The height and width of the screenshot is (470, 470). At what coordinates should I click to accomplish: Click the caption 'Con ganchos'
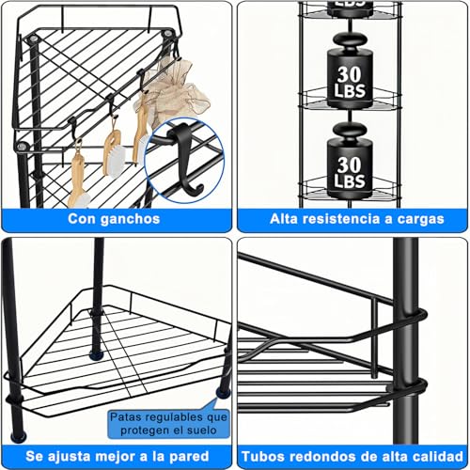(113, 218)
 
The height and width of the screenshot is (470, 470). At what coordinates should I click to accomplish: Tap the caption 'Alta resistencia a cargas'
(352, 218)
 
